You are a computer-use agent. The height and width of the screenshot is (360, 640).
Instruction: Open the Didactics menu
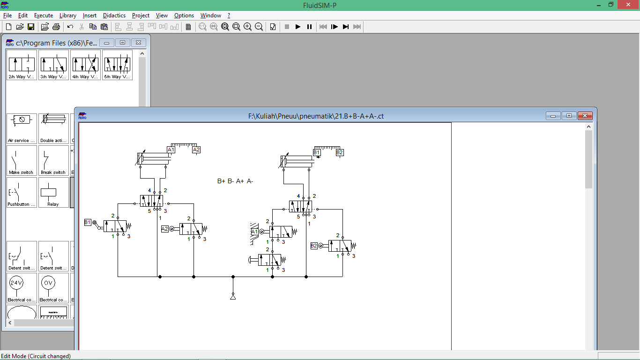tap(114, 15)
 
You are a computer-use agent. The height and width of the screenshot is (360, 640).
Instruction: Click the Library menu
tap(68, 15)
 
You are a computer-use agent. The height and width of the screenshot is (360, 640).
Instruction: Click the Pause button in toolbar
tap(309, 27)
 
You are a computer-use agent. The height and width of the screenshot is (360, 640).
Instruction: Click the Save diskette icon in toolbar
tap(31, 27)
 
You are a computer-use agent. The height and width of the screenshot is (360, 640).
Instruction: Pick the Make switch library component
tap(21, 160)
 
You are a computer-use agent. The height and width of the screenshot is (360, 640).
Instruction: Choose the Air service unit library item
tap(22, 128)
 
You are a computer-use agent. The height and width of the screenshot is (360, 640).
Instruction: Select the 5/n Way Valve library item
tap(117, 65)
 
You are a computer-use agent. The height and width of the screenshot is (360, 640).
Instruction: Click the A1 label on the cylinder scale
tap(171, 150)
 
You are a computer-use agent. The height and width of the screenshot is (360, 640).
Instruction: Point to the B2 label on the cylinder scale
tap(340, 152)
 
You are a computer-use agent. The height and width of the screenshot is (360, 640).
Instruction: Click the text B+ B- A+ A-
tap(235, 181)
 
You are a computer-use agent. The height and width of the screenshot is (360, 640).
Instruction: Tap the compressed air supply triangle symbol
tap(233, 297)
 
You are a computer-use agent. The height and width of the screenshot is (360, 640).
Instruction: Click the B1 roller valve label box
tap(88, 222)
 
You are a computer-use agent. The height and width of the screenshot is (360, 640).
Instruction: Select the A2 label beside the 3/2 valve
tap(164, 229)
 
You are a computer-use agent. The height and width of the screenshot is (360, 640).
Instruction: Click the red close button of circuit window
tap(585, 116)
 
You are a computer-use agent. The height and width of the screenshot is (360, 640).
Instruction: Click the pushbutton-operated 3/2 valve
tap(269, 260)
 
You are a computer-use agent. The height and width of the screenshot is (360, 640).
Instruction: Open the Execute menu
tap(44, 15)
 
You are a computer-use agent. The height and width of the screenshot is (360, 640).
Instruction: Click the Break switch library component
tap(53, 160)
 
